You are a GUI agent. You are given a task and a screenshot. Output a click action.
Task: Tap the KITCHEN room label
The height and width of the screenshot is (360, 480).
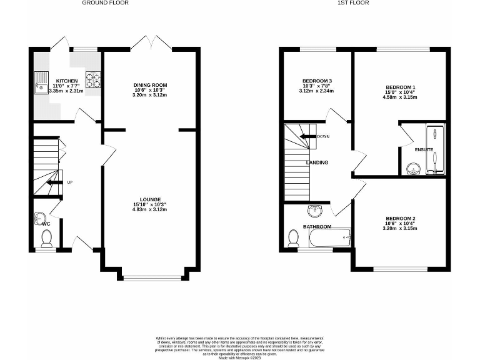67,81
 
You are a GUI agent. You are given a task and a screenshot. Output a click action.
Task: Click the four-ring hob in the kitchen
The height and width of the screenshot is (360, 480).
93,80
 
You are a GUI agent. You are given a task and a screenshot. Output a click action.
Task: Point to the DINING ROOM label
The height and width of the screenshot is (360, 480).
150,85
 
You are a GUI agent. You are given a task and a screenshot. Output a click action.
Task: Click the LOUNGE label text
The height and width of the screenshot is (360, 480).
150,199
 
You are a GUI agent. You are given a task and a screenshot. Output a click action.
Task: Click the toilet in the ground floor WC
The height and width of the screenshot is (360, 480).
46,237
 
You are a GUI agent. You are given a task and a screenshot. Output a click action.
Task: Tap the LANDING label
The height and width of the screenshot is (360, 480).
317,162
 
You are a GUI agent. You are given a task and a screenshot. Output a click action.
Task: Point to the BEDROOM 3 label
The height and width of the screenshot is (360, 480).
317,81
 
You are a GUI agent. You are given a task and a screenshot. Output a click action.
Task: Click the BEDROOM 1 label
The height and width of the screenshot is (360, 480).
400,87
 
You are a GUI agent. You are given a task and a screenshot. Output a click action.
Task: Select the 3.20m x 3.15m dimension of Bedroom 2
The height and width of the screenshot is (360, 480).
400,229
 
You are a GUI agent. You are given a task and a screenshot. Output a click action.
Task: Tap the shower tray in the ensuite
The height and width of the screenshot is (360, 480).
435,150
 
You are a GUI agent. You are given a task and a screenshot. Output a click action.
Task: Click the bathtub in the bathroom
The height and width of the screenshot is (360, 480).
329,237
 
